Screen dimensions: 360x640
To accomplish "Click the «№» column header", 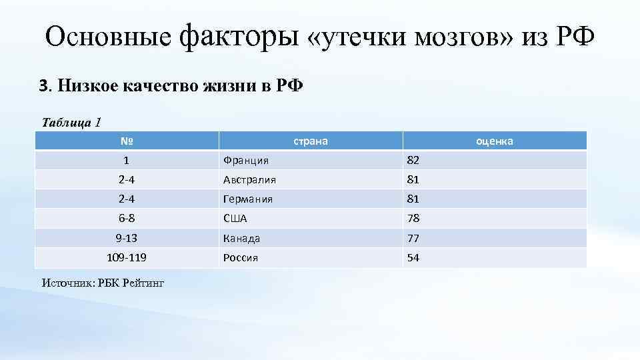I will [127, 141].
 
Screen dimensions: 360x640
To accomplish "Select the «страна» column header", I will [311, 141].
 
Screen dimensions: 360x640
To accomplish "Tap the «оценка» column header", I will [494, 141].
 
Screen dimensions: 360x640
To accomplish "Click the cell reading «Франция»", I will [246, 161].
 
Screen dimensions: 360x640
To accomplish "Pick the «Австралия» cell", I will [250, 180].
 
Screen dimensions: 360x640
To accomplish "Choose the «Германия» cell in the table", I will [248, 199].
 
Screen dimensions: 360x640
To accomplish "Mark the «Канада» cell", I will [241, 238].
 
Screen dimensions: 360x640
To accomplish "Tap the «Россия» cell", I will [241, 258].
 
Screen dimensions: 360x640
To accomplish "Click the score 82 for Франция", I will [413, 161].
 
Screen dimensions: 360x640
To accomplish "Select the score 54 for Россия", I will [413, 258].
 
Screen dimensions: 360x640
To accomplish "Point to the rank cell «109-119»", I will [126, 257].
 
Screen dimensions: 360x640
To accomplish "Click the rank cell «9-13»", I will [126, 238].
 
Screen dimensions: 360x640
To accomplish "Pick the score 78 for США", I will [413, 219].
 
